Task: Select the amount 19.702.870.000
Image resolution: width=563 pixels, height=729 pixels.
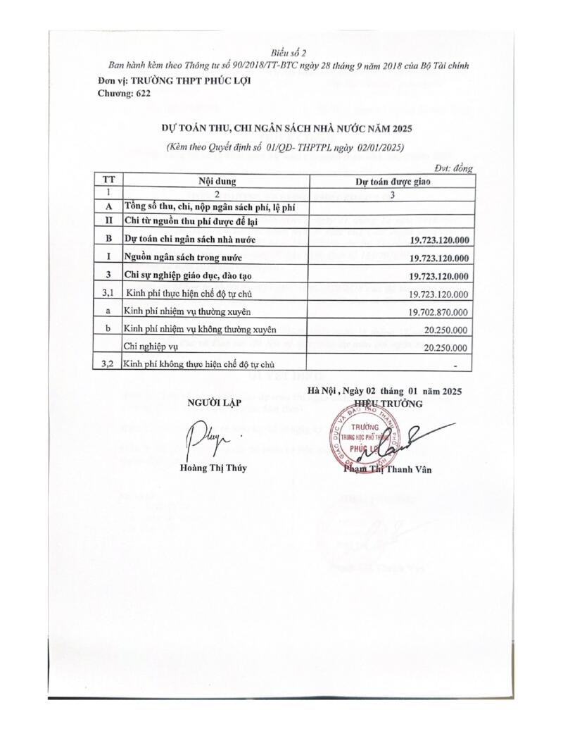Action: (x=438, y=311)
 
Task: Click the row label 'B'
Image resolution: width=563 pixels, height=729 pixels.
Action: (x=108, y=239)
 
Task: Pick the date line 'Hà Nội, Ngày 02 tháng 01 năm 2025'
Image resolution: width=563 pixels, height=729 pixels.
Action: (x=384, y=391)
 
